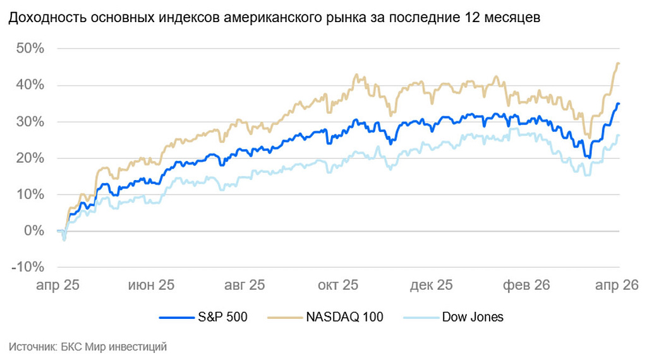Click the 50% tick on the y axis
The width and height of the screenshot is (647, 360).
pos(30,49)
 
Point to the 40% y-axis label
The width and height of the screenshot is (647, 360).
pos(30,85)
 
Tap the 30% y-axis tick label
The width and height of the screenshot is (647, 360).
pos(30,122)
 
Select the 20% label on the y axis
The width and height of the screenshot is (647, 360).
pos(30,158)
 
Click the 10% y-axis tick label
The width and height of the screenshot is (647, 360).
pos(30,195)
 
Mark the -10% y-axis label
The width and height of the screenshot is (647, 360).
pos(27,267)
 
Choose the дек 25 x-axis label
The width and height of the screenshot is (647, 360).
pos(431,285)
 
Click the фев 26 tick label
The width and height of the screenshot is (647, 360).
pos(526,285)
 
